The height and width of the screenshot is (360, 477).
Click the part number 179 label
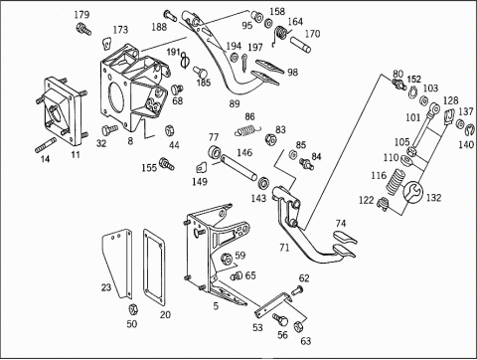[x=81, y=15]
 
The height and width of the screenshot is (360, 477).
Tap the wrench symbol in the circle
[x=413, y=192]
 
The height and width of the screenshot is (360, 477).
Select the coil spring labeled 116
[x=396, y=181]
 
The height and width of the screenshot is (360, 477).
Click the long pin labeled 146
[x=238, y=167]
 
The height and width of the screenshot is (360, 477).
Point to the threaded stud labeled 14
[x=46, y=145]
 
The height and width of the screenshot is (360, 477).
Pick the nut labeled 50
[x=133, y=309]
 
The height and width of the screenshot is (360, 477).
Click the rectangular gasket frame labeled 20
[x=154, y=267]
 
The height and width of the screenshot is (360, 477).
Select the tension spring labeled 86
[x=247, y=129]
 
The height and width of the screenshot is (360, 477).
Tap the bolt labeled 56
[x=280, y=319]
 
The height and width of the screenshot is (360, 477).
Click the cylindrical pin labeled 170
[x=301, y=45]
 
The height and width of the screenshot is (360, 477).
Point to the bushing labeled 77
[x=215, y=152]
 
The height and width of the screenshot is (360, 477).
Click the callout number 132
[x=433, y=198]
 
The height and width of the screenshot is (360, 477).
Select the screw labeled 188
[x=170, y=15]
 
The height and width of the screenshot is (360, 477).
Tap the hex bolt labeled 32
[x=109, y=129]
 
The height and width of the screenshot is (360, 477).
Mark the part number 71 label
[x=284, y=248]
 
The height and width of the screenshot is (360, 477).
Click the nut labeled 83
[x=270, y=138]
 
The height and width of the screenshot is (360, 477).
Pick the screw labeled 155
[x=167, y=164]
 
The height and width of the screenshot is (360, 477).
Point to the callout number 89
[x=235, y=103]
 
